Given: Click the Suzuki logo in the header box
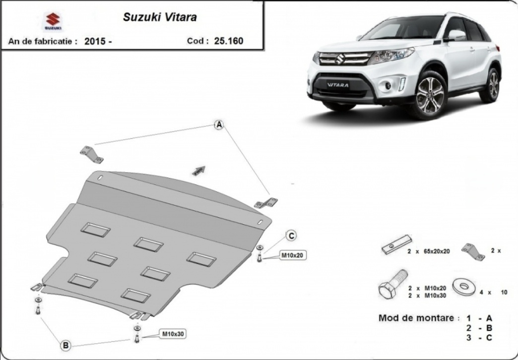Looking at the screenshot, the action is (53, 21).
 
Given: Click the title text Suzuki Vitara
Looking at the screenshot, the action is (160, 17).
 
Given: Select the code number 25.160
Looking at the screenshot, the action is (229, 41).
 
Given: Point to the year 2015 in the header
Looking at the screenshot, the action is (95, 41).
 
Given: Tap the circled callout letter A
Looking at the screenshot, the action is (219, 125).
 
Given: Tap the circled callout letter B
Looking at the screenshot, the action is (65, 346).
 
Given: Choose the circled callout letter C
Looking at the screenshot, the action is (291, 236).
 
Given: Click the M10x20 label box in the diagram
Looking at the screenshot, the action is (291, 255).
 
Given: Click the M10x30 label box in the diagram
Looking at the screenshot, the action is (173, 334).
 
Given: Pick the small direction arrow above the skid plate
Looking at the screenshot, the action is (199, 170).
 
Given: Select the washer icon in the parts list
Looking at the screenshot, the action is (464, 286).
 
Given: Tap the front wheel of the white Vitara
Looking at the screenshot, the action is (430, 95).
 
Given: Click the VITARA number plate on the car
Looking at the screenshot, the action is (337, 85).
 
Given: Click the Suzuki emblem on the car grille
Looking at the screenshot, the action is (339, 59).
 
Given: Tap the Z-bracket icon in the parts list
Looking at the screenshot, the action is (473, 252).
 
